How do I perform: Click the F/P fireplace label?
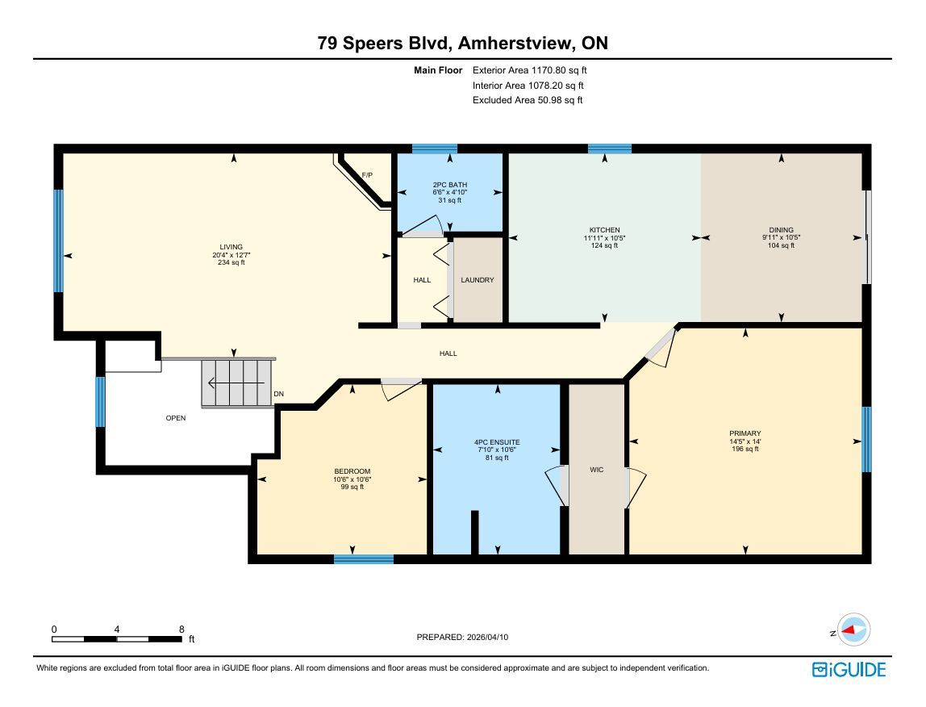(x=367, y=175)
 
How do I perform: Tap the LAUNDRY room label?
(x=478, y=279)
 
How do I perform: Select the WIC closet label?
(x=596, y=470)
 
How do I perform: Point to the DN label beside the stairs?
(x=279, y=394)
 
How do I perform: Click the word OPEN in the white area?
(x=175, y=418)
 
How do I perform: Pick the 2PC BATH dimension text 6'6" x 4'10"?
(x=450, y=192)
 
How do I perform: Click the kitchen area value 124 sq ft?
(x=604, y=245)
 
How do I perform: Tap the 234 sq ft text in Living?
(x=231, y=262)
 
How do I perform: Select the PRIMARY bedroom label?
(x=745, y=433)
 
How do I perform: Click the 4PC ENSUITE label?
(x=497, y=442)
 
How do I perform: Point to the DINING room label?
(x=781, y=230)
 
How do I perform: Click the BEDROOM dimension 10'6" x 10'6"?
(x=352, y=479)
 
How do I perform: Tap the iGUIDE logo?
(x=849, y=670)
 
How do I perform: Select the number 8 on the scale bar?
(x=181, y=630)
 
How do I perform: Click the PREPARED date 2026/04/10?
(x=487, y=638)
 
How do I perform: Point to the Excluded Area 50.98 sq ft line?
(x=528, y=100)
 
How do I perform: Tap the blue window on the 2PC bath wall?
(x=435, y=149)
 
